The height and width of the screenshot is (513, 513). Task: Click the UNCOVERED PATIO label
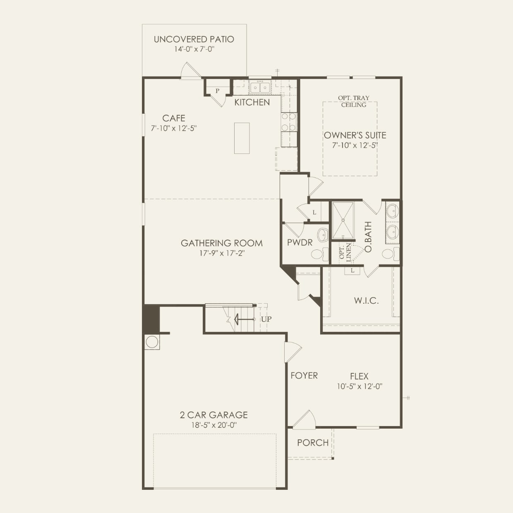tap(194, 39)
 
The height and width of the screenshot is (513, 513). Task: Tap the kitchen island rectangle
tap(242, 138)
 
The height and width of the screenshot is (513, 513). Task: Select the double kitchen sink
tap(260, 88)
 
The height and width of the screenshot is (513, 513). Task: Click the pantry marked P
tap(217, 91)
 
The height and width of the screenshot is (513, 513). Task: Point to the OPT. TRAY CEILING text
tap(354, 101)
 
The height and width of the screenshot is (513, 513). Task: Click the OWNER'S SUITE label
tap(355, 135)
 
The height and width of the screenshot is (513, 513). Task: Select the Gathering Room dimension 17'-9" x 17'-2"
tap(222, 253)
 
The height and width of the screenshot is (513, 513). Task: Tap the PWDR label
tap(300, 242)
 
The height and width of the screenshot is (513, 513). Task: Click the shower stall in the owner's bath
tap(343, 221)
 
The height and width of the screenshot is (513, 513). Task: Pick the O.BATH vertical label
tap(368, 237)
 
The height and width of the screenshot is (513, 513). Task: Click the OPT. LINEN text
tap(345, 252)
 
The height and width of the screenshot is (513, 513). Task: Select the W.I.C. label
tap(366, 301)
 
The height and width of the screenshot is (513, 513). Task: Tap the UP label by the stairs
tap(266, 319)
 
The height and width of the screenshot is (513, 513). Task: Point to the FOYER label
tap(304, 376)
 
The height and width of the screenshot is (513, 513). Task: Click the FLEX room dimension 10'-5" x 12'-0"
tap(359, 386)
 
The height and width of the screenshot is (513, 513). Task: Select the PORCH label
tap(313, 443)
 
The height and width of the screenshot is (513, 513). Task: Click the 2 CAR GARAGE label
tap(214, 415)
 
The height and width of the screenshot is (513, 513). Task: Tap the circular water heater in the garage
tap(152, 342)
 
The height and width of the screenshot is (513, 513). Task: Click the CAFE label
tap(174, 118)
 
